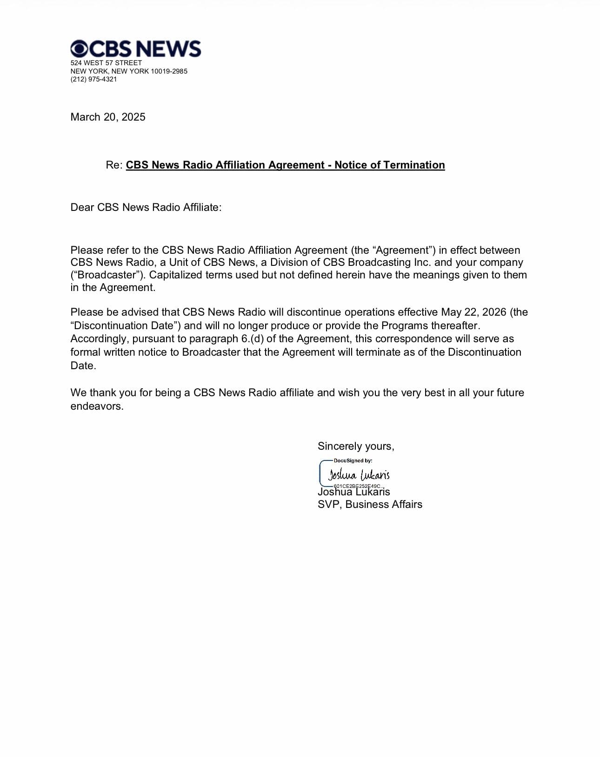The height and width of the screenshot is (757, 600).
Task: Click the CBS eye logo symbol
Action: point(79,48)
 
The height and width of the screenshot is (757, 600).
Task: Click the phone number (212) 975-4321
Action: point(93,79)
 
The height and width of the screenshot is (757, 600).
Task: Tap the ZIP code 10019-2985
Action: point(169,71)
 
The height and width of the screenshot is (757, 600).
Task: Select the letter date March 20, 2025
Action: point(108,117)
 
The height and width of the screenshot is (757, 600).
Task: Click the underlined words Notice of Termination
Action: point(389,165)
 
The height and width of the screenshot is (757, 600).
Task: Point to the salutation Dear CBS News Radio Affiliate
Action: point(146,207)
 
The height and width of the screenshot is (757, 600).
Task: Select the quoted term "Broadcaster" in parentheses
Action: point(107,275)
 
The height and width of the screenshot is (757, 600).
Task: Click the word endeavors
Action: point(96,406)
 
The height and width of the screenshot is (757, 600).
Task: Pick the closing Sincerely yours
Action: point(356,446)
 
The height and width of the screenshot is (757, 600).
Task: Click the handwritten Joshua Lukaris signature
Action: point(359,475)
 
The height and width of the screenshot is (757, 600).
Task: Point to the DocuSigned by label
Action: point(353,460)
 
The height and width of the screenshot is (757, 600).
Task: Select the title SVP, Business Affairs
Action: point(370,504)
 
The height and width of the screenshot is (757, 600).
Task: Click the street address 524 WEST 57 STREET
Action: point(106,63)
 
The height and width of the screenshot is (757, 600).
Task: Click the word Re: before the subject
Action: point(114,165)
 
